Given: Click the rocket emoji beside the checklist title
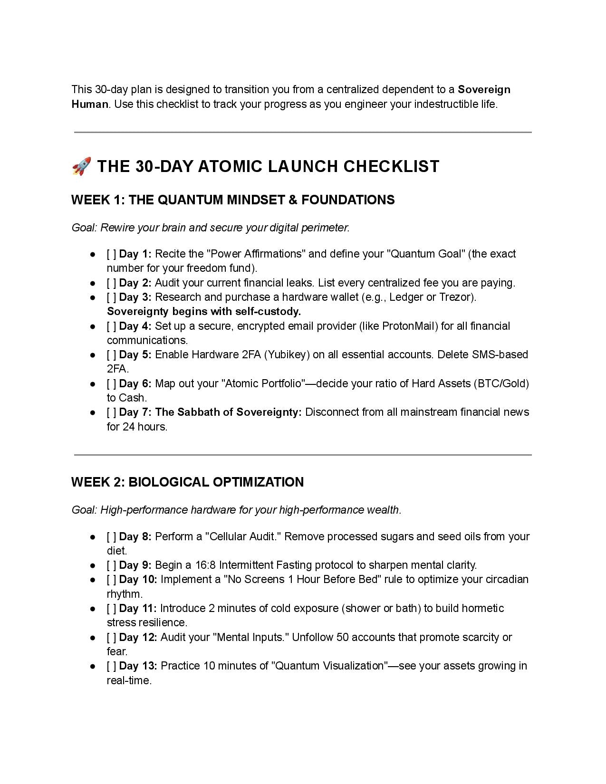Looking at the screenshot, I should pyautogui.click(x=82, y=166).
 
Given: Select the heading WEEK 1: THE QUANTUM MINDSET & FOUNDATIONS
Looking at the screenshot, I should pyautogui.click(x=233, y=200).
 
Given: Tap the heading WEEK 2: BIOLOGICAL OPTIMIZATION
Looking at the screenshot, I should pyautogui.click(x=187, y=482).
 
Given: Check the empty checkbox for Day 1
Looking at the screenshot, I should pyautogui.click(x=111, y=254).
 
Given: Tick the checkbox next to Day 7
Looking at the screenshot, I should pyautogui.click(x=111, y=412).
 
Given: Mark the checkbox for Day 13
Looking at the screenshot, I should pyautogui.click(x=111, y=666).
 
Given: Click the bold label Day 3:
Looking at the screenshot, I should pyautogui.click(x=135, y=297).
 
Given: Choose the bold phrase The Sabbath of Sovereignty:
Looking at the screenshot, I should pyautogui.click(x=228, y=412).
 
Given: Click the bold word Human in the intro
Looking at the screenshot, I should pyautogui.click(x=90, y=105).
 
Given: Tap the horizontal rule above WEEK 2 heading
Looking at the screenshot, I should pyautogui.click(x=303, y=455).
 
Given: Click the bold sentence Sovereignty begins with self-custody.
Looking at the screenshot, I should pyautogui.click(x=204, y=312).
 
